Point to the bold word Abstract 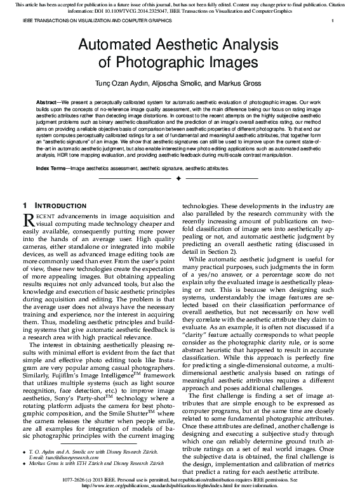[x=49, y=101]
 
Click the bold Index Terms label [x=51, y=169]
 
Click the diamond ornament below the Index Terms [x=178, y=180]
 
